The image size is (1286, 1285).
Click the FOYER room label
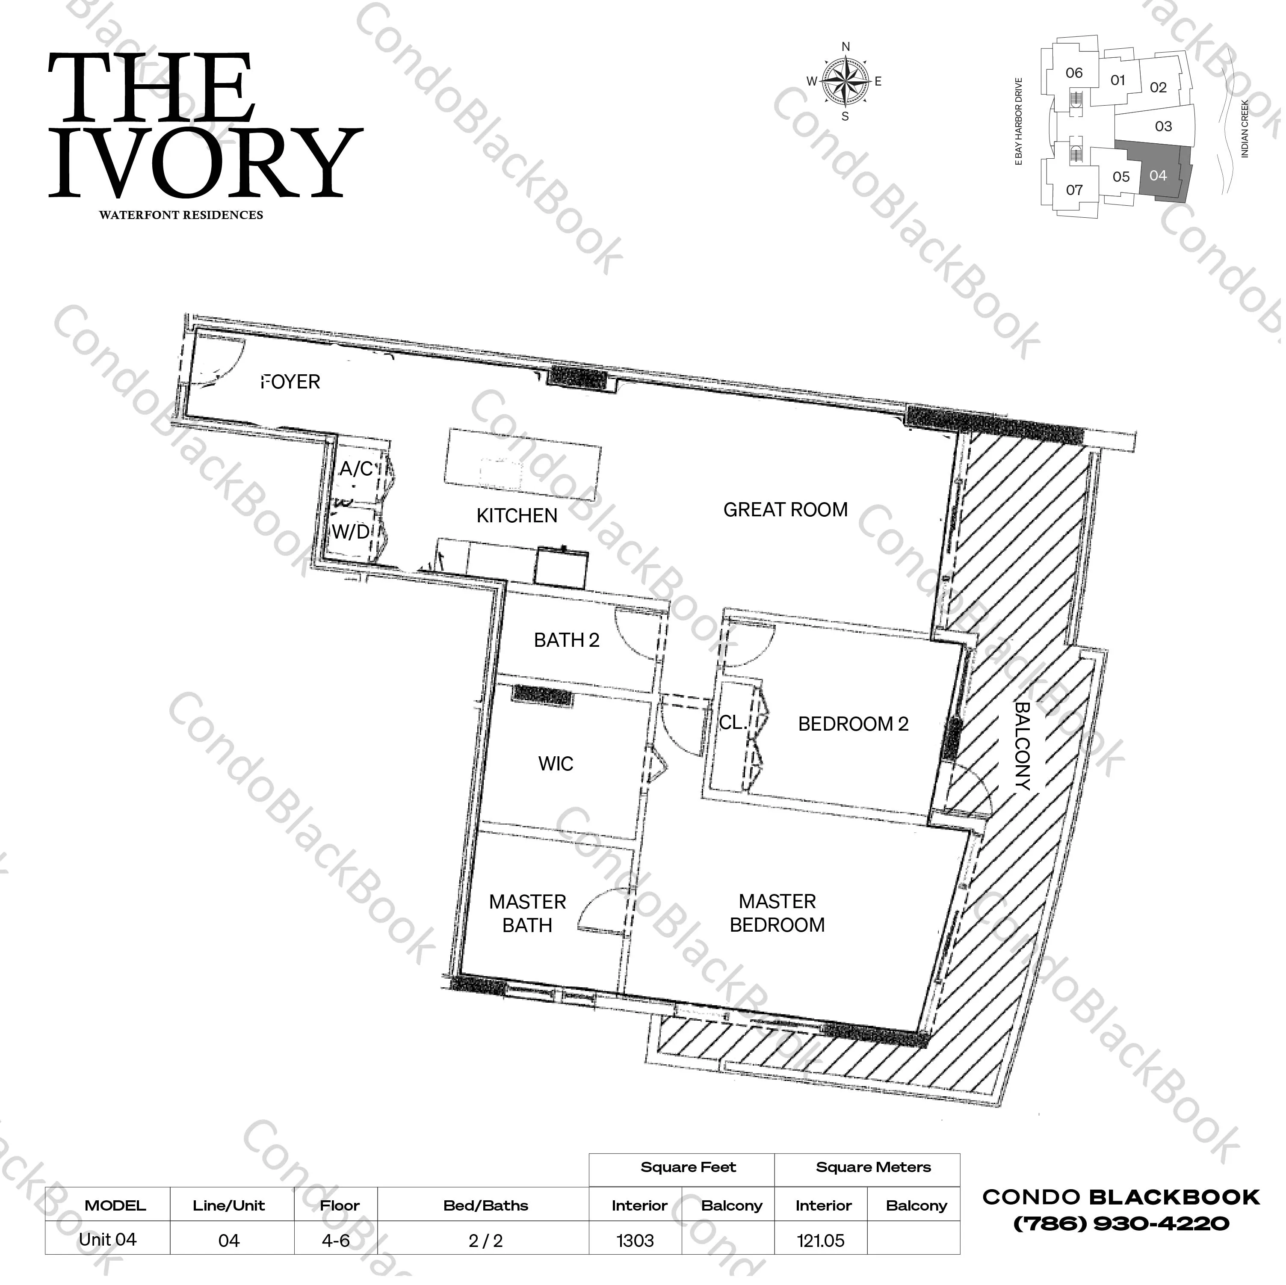(291, 382)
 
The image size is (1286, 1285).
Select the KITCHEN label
(517, 516)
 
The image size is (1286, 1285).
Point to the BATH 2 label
(567, 640)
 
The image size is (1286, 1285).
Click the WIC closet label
(556, 764)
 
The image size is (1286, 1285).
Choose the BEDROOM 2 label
(853, 724)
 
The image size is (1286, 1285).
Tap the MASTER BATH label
(527, 913)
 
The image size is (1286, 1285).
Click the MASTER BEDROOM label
(777, 913)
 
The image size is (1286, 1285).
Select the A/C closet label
(356, 469)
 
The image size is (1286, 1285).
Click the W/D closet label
(351, 532)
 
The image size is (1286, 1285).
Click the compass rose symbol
(846, 82)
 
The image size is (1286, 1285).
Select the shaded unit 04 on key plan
(1158, 176)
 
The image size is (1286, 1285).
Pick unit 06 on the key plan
(1074, 73)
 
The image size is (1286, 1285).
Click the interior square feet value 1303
(635, 1241)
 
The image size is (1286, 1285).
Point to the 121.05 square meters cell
(820, 1241)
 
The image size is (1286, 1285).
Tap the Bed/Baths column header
(485, 1206)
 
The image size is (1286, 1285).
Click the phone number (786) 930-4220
(1121, 1224)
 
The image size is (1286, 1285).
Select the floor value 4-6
(335, 1241)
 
